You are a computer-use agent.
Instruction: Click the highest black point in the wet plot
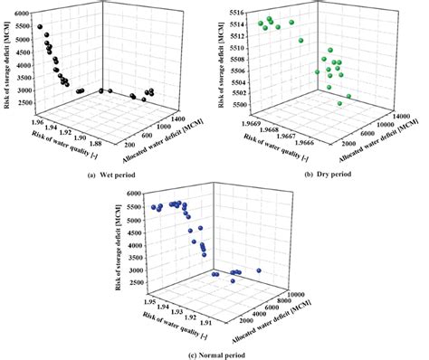(41, 28)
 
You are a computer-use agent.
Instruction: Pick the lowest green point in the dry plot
(340, 104)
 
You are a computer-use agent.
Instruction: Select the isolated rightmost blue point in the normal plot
(260, 270)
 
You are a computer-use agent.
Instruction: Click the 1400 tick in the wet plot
(177, 118)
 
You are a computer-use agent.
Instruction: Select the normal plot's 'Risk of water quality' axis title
(167, 324)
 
